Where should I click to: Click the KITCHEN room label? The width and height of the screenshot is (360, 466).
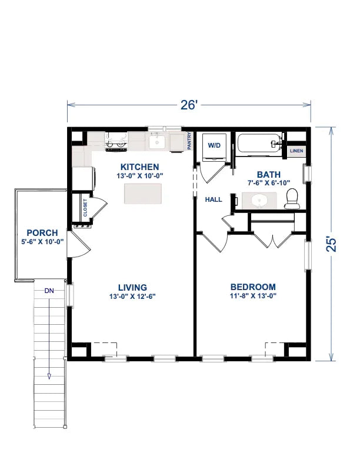click(140, 167)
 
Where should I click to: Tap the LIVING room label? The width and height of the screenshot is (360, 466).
click(132, 288)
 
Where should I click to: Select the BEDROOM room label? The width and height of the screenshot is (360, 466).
click(252, 287)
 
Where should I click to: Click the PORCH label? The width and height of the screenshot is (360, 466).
click(42, 233)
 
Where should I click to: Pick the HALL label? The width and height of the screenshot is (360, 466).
click(213, 199)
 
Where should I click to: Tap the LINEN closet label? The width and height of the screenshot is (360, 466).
click(296, 151)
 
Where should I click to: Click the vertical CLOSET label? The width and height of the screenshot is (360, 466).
click(85, 208)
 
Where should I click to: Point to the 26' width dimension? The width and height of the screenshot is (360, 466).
click(188, 105)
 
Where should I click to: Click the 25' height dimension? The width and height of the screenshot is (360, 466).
click(332, 244)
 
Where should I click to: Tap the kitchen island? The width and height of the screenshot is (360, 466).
click(143, 193)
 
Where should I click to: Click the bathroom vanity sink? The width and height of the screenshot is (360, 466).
click(259, 201)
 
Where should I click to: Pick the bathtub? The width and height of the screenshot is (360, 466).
click(260, 144)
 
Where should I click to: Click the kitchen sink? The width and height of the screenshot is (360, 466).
click(157, 142)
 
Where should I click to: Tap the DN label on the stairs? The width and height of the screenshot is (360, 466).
click(49, 291)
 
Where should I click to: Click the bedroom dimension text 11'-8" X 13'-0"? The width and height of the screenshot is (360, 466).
click(252, 297)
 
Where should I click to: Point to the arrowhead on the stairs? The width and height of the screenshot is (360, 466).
click(49, 376)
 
